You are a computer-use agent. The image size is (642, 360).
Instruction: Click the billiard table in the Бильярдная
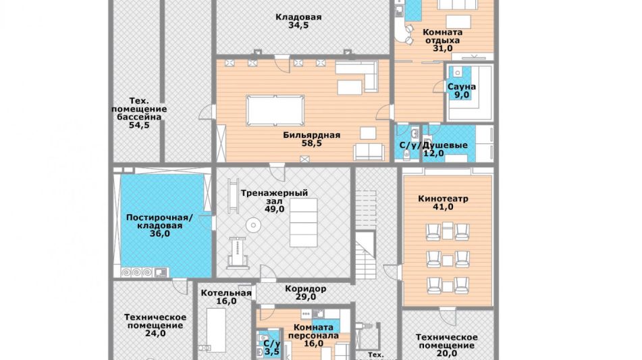[275, 110]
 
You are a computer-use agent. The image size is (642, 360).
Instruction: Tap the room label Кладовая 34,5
[298, 22]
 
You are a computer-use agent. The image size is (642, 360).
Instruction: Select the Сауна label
[462, 87]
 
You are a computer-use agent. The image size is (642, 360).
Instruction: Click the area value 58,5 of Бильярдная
[312, 143]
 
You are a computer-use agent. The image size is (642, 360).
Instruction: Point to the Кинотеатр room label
[443, 199]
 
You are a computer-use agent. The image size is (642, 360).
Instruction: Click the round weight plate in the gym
[253, 224]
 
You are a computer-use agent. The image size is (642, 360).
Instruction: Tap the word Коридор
[306, 288]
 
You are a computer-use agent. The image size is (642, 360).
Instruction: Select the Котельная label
[226, 293]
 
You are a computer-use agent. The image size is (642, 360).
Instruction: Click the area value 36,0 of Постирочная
[160, 234]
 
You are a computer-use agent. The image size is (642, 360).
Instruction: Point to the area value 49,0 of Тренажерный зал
[274, 209]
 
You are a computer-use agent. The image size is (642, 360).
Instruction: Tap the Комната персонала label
[314, 332]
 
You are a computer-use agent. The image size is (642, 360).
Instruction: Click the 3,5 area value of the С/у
[272, 351]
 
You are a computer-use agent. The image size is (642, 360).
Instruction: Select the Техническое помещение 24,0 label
[155, 325]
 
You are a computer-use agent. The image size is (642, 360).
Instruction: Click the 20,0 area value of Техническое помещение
[447, 353]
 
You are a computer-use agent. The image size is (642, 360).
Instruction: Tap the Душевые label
[445, 145]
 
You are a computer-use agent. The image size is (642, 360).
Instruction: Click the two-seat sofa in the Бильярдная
[369, 152]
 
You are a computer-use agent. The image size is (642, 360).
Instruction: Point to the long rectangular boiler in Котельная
[216, 330]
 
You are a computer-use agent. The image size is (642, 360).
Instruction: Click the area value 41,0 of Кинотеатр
[443, 207]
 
